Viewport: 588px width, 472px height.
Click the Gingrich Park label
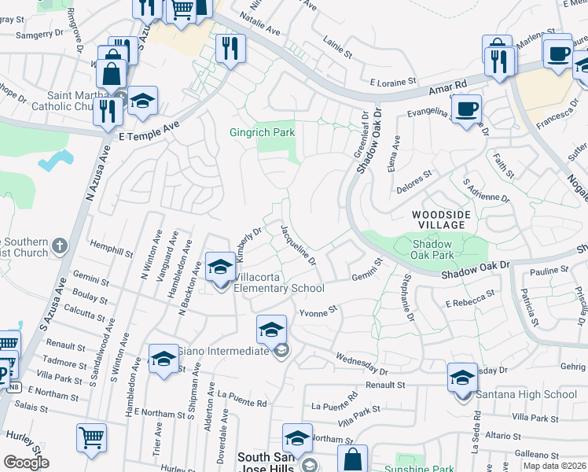pyautogui.click(x=262, y=133)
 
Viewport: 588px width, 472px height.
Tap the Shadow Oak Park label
pyautogui.click(x=433, y=249)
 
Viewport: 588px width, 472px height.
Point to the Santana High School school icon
pyautogui.click(x=462, y=378)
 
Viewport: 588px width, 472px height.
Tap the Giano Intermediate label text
pyautogui.click(x=223, y=351)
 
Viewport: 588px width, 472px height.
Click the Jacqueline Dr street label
pyautogui.click(x=297, y=244)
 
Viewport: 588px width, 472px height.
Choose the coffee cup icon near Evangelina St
pyautogui.click(x=466, y=109)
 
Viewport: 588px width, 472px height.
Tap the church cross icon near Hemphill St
pyautogui.click(x=61, y=247)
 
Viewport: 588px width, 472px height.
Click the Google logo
pyautogui.click(x=26, y=463)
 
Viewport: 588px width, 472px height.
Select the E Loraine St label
pyautogui.click(x=392, y=81)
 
